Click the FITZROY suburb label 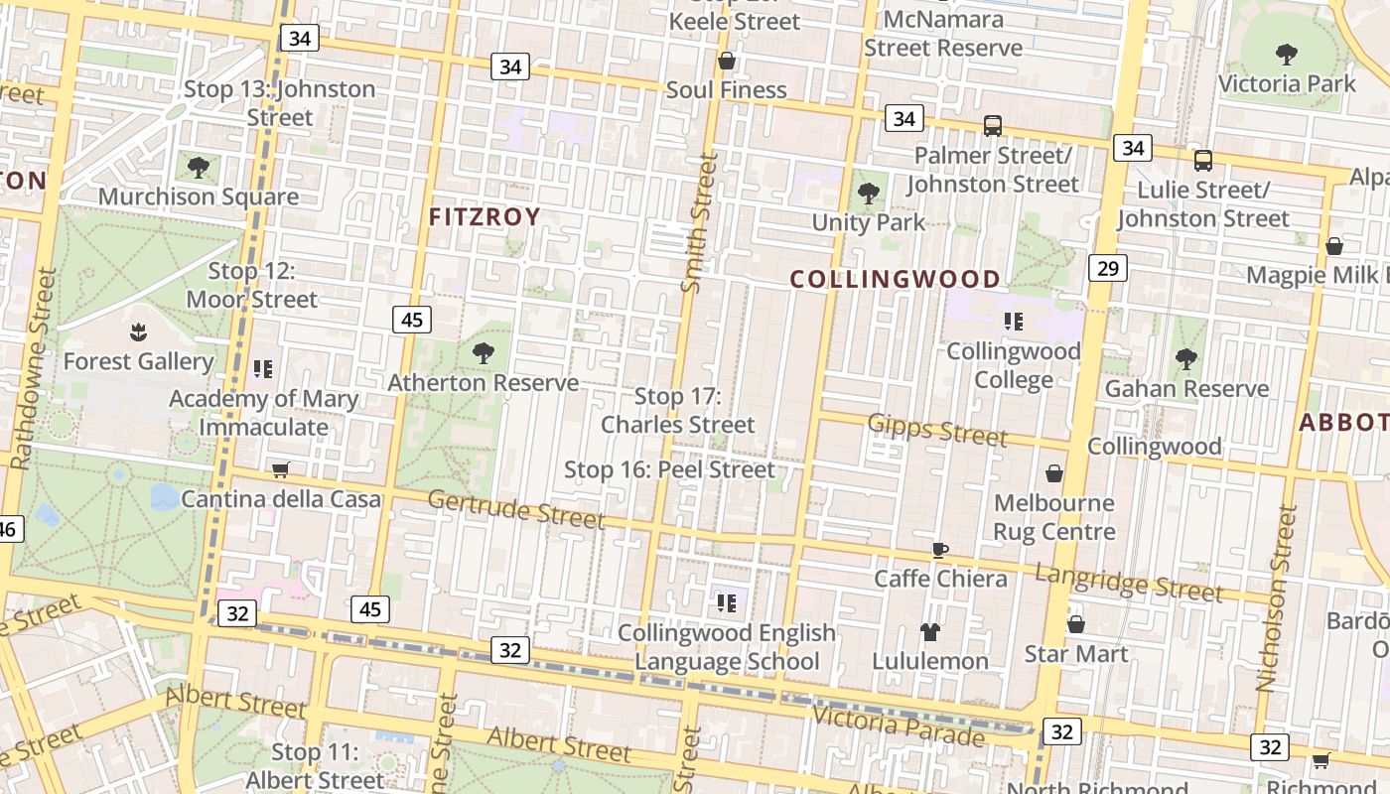pos(485,217)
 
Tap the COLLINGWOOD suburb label pos(896,279)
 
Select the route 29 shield pos(1108,267)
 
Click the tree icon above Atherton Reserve pos(484,351)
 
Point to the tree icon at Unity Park pos(869,193)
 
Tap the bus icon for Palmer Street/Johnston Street pos(992,126)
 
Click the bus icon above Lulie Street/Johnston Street pos(1203,160)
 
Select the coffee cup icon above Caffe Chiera pos(940,550)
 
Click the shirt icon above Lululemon pos(930,631)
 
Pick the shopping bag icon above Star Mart pos(1075,624)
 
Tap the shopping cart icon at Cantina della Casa pos(281,469)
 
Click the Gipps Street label pos(937,430)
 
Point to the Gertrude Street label pos(515,508)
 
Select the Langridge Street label pos(1129,583)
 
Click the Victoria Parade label pos(899,726)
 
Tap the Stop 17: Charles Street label pos(678,410)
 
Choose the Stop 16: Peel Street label pos(669,469)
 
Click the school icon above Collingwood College pos(1013,321)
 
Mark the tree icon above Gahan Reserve pos(1185,358)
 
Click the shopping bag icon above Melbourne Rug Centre pos(1054,473)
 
